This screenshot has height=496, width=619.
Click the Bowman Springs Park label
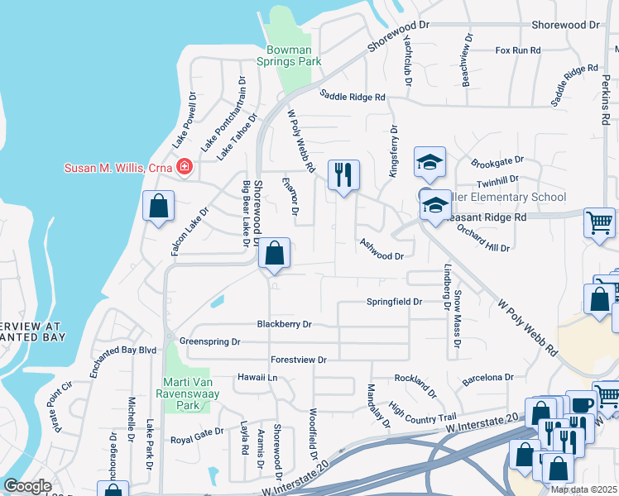288,55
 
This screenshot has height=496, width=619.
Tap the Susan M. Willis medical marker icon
183,168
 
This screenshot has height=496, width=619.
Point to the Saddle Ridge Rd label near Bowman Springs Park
353,97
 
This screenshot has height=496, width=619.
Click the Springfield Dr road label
394,302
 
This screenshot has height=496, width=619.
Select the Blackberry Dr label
284,325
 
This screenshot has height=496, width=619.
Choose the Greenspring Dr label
209,341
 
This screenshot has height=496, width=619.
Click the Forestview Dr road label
299,360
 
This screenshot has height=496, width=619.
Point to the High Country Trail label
422,413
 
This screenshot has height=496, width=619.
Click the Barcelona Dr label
487,378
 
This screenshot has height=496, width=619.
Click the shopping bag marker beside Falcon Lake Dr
158,205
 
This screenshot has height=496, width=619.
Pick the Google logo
27,486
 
